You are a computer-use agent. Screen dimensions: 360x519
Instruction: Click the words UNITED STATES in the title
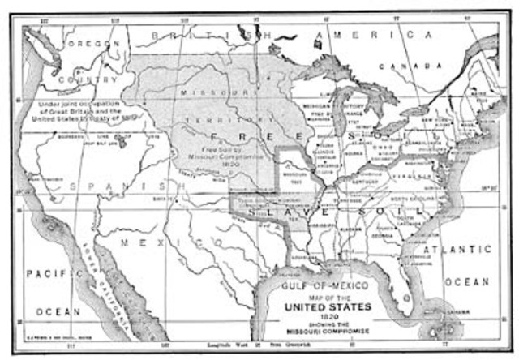point(324,308)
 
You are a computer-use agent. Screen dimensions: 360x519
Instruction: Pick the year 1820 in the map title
point(324,319)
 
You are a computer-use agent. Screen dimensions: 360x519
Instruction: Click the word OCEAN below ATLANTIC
point(470,282)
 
